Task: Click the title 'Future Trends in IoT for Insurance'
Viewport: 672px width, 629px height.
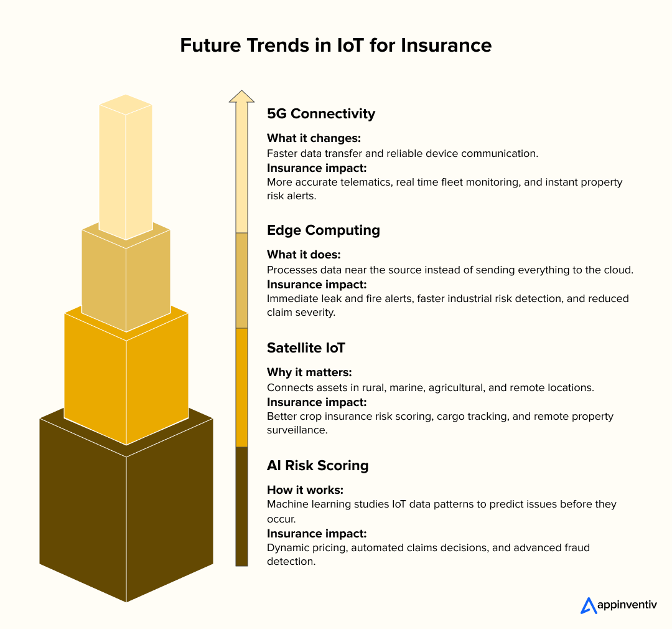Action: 335,45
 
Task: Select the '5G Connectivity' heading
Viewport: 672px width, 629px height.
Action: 321,113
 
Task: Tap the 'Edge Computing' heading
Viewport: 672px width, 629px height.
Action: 323,230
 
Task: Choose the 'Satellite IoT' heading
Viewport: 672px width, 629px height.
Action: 306,348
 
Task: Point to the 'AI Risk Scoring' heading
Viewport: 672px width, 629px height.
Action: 317,465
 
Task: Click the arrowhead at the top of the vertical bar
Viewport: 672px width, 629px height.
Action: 241,97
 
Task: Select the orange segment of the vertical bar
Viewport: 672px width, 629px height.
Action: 241,387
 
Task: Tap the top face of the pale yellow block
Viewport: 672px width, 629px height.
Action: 126,105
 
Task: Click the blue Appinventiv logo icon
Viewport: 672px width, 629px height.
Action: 588,605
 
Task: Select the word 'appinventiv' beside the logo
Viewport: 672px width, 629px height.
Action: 627,605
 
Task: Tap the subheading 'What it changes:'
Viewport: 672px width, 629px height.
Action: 314,138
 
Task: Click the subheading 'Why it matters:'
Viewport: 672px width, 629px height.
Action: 309,372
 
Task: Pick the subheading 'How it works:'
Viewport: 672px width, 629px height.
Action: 305,489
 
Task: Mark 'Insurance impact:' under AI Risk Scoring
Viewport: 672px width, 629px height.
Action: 317,533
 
